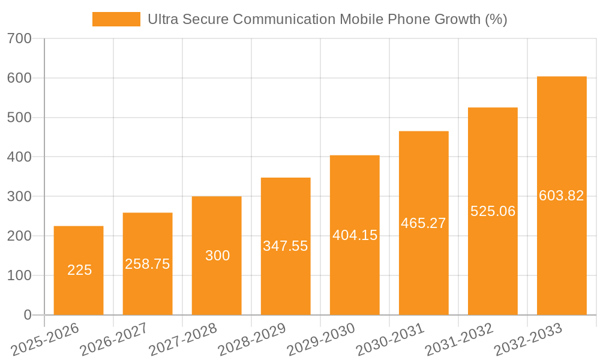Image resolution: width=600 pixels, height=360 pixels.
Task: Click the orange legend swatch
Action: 116,19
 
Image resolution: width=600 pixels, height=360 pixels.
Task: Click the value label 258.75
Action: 148,264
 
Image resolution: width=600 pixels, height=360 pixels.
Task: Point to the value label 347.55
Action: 286,246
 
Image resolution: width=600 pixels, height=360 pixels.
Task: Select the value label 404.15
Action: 355,235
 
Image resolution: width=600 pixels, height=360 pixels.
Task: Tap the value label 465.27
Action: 424,223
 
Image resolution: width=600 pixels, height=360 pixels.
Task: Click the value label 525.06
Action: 493,211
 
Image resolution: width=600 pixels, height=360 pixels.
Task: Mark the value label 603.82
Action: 562,196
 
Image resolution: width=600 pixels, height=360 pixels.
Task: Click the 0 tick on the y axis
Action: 27,315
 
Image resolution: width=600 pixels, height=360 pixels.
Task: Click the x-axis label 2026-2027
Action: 114,340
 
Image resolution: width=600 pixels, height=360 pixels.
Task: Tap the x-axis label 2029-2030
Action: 321,340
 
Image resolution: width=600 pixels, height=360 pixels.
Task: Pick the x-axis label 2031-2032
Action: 459,340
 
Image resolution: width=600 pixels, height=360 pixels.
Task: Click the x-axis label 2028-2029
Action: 252,340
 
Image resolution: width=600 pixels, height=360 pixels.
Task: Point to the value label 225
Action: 79,271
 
